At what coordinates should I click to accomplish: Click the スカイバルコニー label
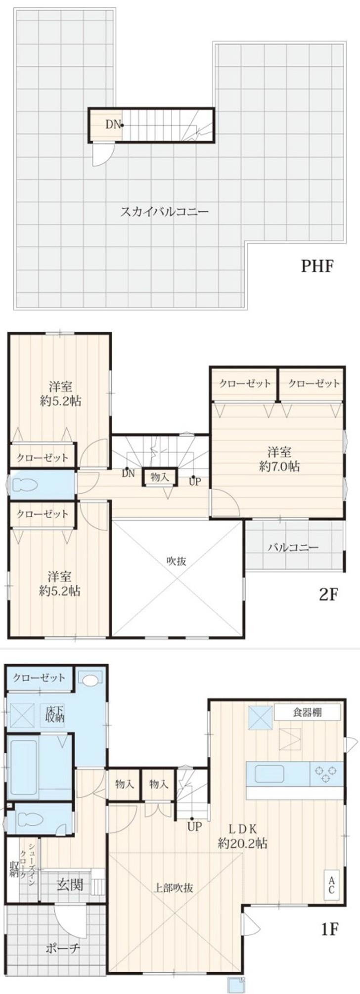pyautogui.click(x=165, y=212)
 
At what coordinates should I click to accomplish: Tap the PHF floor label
pyautogui.click(x=318, y=267)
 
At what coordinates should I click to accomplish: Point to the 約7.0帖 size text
pyautogui.click(x=279, y=466)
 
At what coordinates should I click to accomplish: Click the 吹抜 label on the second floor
pyautogui.click(x=176, y=561)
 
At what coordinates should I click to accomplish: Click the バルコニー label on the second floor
pyautogui.click(x=293, y=547)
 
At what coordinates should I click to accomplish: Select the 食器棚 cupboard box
pyautogui.click(x=308, y=713)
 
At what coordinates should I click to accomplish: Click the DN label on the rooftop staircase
pyautogui.click(x=113, y=125)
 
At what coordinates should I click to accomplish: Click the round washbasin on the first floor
pyautogui.click(x=90, y=680)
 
